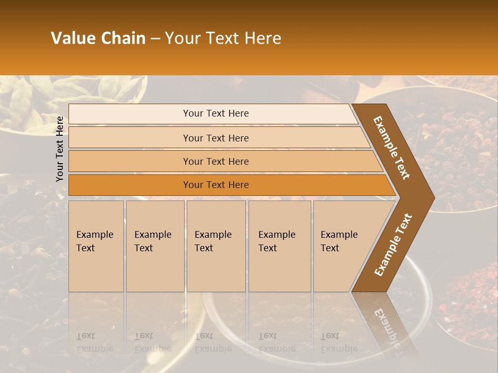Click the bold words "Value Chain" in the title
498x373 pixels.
pos(98,38)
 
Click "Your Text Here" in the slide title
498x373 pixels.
pos(223,38)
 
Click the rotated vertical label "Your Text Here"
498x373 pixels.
pos(60,149)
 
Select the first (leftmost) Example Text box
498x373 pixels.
pos(96,246)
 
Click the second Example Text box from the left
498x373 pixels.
pos(155,246)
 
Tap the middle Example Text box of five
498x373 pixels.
pos(216,246)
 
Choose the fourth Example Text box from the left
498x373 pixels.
pos(279,246)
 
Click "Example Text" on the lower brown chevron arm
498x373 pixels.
pos(393,245)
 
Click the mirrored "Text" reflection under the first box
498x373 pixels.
pos(86,336)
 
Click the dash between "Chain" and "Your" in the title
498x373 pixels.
pos(155,39)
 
